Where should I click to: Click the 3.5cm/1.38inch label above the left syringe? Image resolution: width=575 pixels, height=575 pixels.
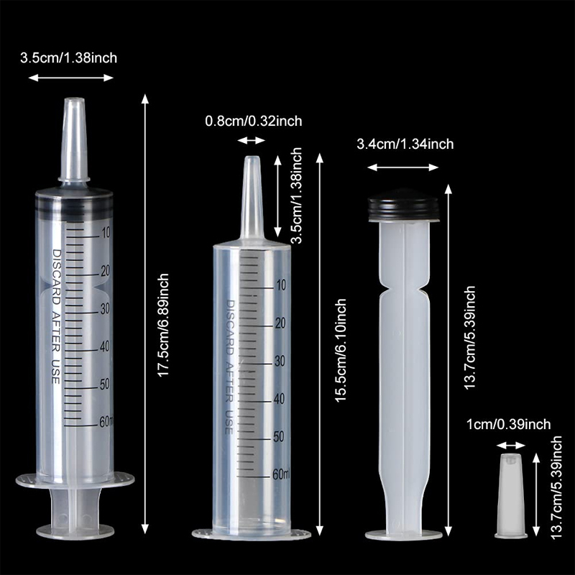[x=68, y=58]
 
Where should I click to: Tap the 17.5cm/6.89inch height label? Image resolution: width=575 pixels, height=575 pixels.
[x=163, y=325]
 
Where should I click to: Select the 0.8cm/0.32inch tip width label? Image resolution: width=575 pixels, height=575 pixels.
[x=254, y=121]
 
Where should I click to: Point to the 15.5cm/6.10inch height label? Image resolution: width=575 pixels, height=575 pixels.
[x=340, y=350]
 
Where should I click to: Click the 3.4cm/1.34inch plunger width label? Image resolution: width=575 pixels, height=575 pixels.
[x=405, y=144]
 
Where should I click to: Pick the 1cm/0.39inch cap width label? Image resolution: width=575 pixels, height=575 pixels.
[x=509, y=424]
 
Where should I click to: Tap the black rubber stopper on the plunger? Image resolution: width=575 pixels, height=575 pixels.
[x=403, y=206]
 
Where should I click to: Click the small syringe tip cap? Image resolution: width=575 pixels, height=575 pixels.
[x=510, y=495]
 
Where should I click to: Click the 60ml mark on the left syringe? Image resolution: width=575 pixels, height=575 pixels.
[x=106, y=422]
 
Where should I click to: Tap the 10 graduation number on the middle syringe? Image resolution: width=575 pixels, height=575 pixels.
[x=281, y=285]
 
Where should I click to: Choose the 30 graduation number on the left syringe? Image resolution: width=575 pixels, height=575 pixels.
[x=105, y=309]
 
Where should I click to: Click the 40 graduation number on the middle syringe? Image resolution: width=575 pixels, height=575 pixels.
[x=280, y=399]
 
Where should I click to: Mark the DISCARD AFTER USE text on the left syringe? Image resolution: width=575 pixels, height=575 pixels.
[x=56, y=317]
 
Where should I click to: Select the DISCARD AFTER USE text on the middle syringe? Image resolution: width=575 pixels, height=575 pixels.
[x=230, y=367]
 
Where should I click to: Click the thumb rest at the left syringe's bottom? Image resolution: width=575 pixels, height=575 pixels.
[x=75, y=530]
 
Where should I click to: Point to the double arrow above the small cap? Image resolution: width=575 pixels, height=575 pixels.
[x=511, y=446]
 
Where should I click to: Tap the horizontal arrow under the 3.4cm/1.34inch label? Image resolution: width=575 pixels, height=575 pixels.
[x=403, y=167]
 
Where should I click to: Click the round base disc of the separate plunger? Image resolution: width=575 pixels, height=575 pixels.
[x=403, y=535]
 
